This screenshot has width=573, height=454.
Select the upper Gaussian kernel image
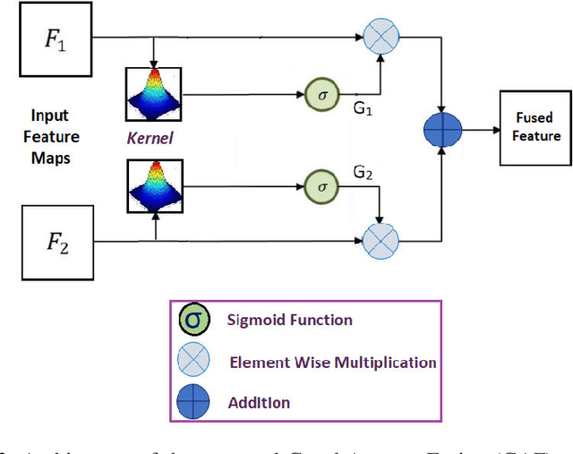tap(156, 94)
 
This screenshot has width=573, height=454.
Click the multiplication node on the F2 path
tap(380, 241)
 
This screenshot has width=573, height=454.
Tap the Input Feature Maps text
tap(56, 137)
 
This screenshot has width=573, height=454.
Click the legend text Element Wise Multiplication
tap(332, 363)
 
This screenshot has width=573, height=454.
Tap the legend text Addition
tap(260, 403)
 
